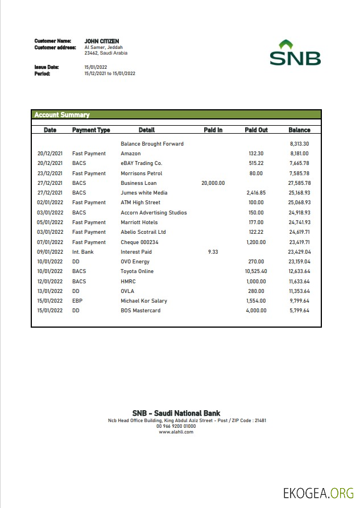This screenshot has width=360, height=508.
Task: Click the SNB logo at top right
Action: click(x=295, y=53)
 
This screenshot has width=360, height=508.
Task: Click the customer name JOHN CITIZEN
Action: click(x=102, y=41)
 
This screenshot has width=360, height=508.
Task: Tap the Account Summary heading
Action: click(x=62, y=115)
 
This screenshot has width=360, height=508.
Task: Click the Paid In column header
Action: click(x=213, y=130)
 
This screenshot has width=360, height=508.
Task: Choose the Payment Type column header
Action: click(x=91, y=130)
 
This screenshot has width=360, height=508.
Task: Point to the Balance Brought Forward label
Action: click(x=152, y=144)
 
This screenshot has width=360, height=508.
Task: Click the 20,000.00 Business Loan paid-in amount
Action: click(x=213, y=183)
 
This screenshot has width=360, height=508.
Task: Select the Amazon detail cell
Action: click(x=131, y=154)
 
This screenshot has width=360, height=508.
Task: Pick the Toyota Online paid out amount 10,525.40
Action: click(x=256, y=271)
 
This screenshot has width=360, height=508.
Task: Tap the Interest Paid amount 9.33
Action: click(x=213, y=251)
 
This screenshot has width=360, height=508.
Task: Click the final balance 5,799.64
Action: click(x=299, y=311)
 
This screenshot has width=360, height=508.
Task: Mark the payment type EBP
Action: click(x=77, y=301)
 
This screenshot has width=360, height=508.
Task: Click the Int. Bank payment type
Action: click(x=82, y=251)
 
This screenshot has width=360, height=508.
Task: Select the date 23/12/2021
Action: click(x=50, y=174)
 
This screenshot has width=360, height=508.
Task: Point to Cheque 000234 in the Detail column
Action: click(x=139, y=242)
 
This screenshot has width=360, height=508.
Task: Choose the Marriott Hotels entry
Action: click(x=139, y=222)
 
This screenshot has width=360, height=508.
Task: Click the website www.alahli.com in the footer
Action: click(x=176, y=432)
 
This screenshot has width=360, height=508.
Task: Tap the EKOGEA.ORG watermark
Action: click(x=318, y=493)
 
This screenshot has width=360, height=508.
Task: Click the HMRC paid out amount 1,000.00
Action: click(x=256, y=281)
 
